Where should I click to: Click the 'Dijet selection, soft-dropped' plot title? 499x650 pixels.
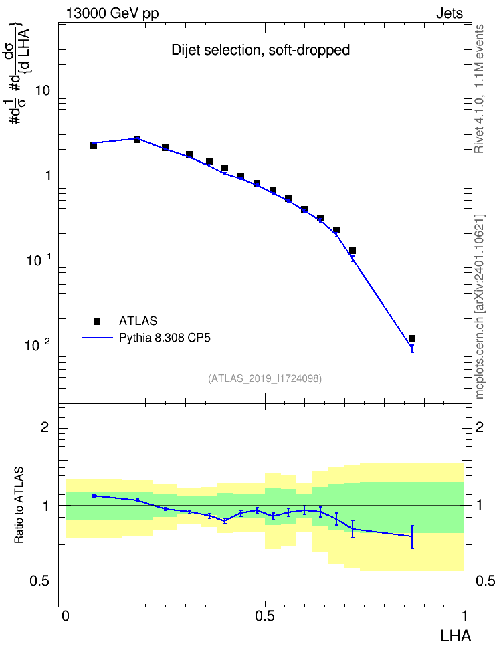(260, 50)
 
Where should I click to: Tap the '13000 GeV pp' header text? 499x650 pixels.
(112, 13)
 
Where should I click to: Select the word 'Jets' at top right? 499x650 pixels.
(450, 13)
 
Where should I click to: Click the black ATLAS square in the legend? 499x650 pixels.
(97, 321)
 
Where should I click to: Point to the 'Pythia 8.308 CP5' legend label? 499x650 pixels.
(165, 338)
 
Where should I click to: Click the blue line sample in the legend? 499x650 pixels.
(97, 338)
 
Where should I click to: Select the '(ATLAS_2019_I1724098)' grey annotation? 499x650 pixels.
(265, 378)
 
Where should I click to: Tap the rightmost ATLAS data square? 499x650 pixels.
(412, 338)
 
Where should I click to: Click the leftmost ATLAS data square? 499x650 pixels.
(94, 146)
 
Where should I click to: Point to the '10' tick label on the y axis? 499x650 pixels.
(42, 90)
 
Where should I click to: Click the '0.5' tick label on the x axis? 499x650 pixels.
(265, 616)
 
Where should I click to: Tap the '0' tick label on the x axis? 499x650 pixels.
(66, 616)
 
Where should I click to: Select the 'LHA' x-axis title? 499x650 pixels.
(456, 637)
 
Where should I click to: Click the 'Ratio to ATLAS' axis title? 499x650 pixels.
(19, 505)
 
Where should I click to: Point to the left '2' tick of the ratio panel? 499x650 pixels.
(45, 427)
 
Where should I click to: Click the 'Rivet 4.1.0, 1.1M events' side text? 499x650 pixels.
(479, 89)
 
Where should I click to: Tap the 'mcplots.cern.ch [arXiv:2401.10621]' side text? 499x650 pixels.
(480, 306)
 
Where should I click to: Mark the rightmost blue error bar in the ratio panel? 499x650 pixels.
(412, 537)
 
